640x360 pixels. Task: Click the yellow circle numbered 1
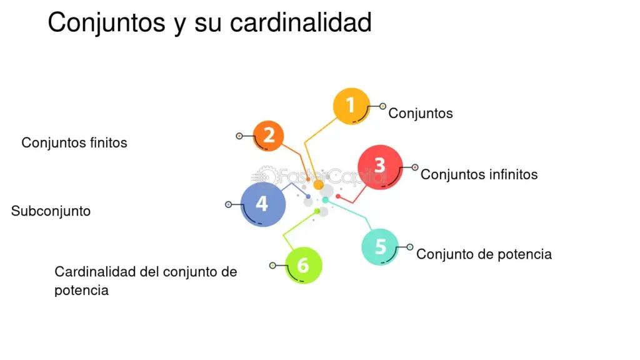click(351, 106)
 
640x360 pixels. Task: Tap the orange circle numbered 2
click(269, 135)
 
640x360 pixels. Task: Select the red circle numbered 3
click(379, 167)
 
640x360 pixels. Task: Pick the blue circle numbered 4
click(262, 204)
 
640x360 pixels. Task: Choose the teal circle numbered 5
click(380, 247)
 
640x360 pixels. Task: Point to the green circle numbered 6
click(304, 265)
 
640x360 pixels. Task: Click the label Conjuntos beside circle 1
click(420, 113)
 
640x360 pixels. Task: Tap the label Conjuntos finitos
click(74, 142)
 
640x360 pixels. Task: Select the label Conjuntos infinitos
click(479, 174)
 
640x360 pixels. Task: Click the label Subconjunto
click(51, 211)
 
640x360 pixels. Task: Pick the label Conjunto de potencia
click(484, 254)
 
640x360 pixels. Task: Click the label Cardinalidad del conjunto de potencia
click(146, 281)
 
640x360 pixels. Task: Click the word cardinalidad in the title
click(301, 23)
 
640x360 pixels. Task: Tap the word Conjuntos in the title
click(103, 23)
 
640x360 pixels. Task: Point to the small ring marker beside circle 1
click(382, 106)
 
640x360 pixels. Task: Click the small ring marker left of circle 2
click(239, 136)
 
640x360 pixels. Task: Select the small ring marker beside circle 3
click(415, 167)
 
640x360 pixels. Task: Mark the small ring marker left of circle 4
click(228, 204)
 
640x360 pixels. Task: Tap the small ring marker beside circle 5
click(410, 247)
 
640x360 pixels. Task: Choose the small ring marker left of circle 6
click(272, 266)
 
